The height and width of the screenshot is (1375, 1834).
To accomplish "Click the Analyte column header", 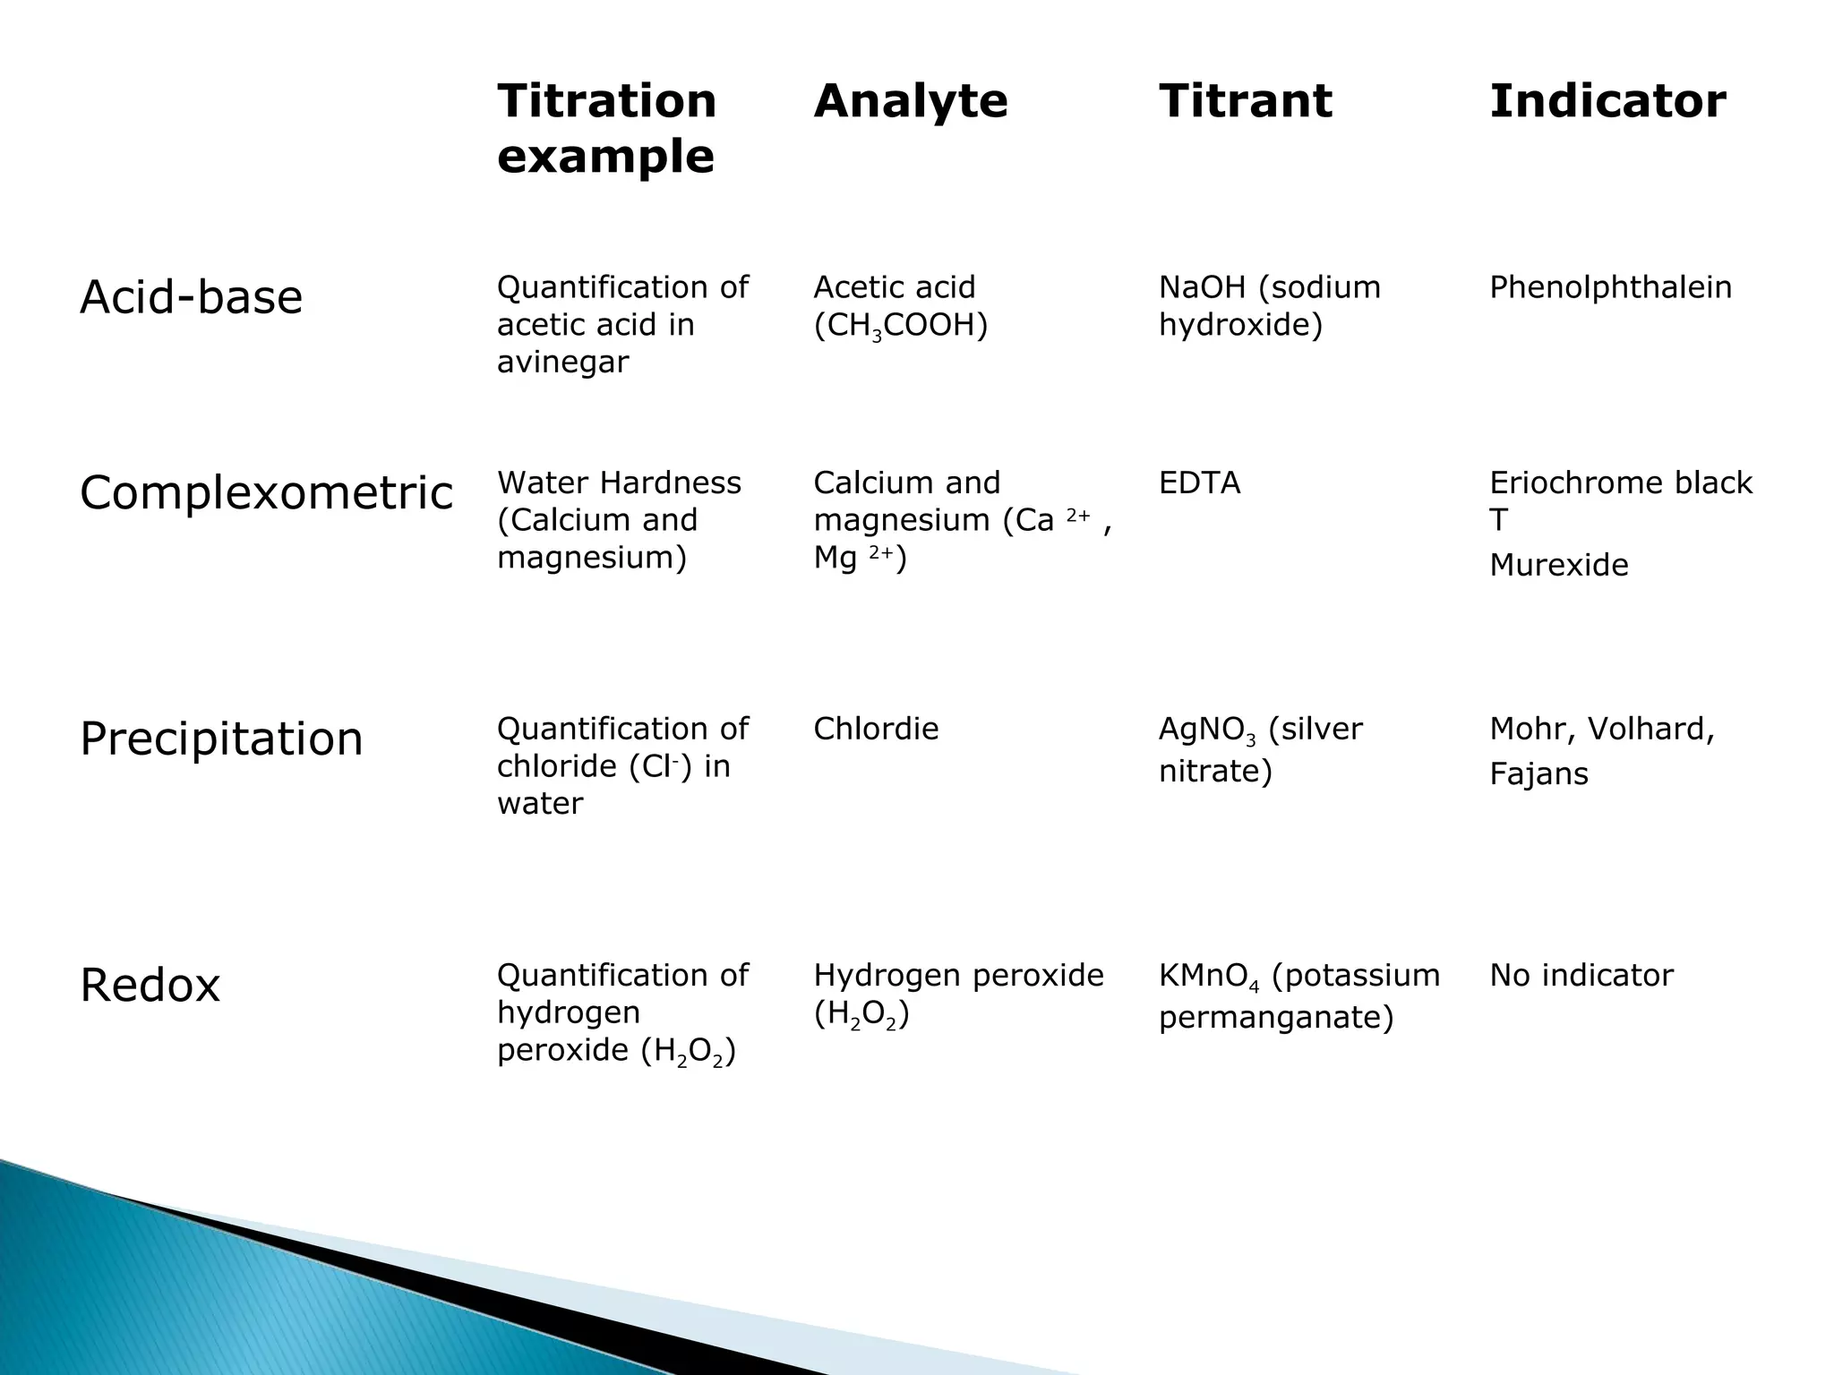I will coord(910,100).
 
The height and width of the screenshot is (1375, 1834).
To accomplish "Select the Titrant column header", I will coord(1245,100).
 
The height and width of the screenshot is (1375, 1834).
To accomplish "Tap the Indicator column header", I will coord(1607,100).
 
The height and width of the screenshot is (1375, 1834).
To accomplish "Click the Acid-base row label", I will coord(191,297).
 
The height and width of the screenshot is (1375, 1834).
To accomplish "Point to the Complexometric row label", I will coord(266,493).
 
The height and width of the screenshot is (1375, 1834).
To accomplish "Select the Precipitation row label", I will coord(221,739).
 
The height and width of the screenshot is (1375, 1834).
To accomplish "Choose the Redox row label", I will coord(150,986).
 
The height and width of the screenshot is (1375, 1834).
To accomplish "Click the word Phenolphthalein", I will coord(1610,287).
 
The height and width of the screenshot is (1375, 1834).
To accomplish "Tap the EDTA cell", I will coord(1199,483).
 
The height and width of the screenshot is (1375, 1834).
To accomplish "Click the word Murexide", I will coord(1558,565).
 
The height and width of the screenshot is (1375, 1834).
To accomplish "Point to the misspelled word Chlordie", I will coord(876,729).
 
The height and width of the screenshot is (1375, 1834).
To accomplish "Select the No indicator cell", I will coord(1581,975).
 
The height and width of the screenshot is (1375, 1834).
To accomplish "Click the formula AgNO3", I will coord(1206,730).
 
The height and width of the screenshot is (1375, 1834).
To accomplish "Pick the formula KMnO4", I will coord(1208,977).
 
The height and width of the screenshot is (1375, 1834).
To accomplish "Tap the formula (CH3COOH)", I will coord(900,326).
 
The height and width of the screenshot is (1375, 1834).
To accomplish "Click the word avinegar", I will coord(562,362).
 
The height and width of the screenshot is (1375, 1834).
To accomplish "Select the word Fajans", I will coord(1538,773).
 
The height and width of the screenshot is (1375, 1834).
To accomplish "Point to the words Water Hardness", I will coord(619,483).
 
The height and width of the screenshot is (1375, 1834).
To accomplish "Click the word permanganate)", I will coord(1276,1018).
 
